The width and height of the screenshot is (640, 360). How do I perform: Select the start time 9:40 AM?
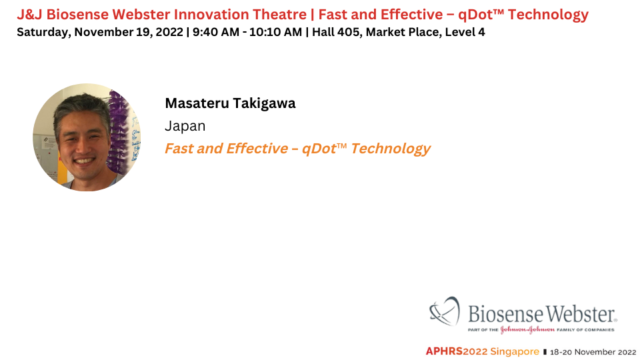click(216, 32)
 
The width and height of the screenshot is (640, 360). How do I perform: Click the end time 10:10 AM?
click(275, 32)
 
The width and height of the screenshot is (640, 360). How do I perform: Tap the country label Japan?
click(185, 127)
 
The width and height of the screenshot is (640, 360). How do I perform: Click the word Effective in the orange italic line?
click(251, 149)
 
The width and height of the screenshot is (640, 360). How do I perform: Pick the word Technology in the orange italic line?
click(391, 149)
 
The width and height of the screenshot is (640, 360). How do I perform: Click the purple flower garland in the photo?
click(119, 130)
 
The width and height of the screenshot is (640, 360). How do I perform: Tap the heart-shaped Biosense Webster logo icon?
click(445, 311)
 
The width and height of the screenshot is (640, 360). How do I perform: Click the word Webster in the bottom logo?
click(581, 314)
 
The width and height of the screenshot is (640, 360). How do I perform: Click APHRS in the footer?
click(444, 351)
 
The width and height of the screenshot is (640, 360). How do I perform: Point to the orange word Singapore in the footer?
click(515, 352)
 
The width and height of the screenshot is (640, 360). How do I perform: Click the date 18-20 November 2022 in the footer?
click(593, 352)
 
